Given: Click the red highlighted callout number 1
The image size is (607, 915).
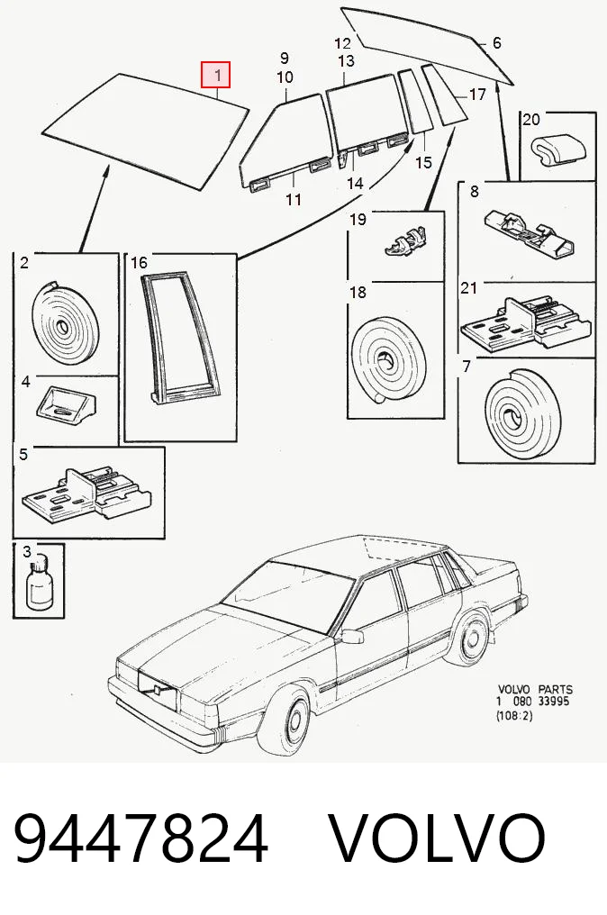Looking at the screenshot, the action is (x=216, y=75).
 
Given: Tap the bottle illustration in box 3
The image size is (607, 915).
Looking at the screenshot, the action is (x=39, y=584).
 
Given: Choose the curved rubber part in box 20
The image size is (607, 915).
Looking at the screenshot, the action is (x=558, y=148).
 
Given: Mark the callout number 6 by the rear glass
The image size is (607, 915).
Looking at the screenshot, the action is (x=497, y=42).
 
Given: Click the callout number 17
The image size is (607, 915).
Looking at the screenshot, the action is (x=476, y=94).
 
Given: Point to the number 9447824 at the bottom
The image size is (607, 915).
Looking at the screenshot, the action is (x=140, y=838).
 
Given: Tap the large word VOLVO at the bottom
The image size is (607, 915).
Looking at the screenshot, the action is (x=438, y=838).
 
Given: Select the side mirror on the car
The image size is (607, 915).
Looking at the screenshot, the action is (x=352, y=636).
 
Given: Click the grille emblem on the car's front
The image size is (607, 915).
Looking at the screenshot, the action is (x=157, y=690).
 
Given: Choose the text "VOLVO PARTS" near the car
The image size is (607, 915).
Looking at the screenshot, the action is (x=535, y=689).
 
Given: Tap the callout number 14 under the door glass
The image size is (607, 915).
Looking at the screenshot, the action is (x=355, y=183).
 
